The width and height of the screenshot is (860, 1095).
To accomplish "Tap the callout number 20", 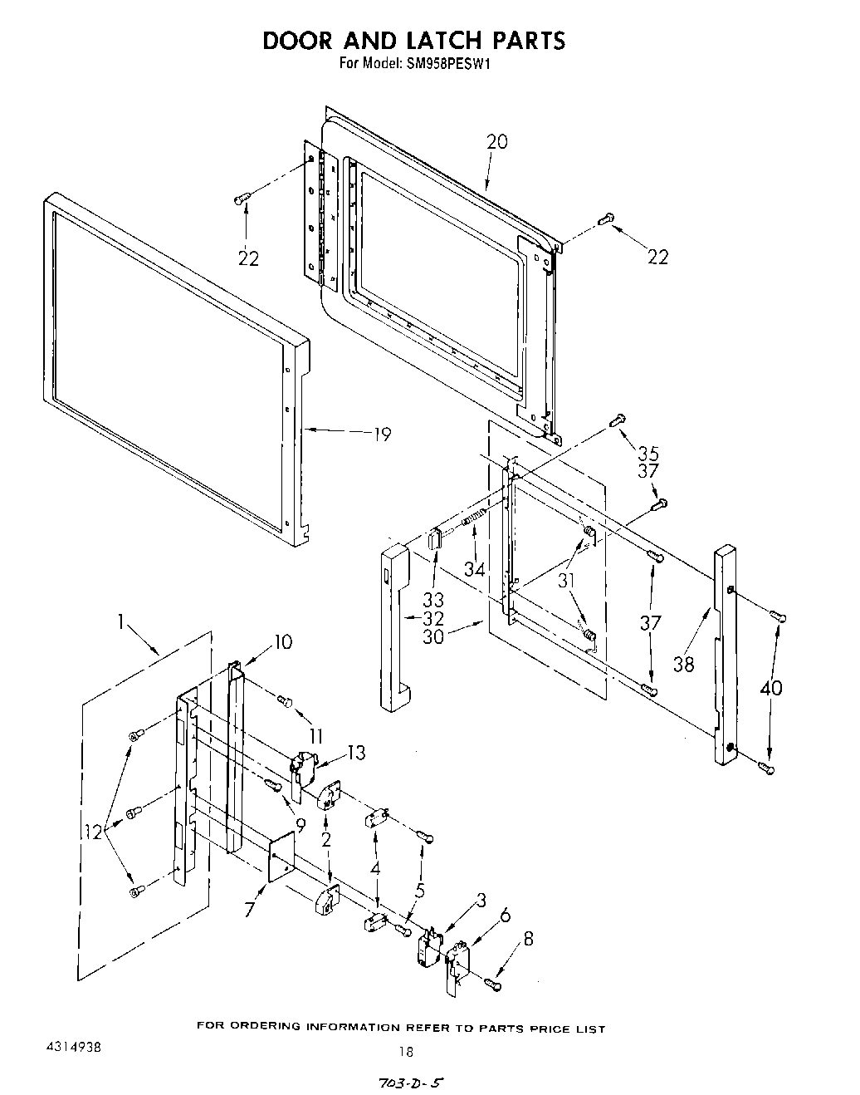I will pyautogui.click(x=496, y=142).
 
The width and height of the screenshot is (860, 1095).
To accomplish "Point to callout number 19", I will pyautogui.click(x=381, y=434).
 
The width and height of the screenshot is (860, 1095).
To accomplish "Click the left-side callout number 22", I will pyautogui.click(x=248, y=259).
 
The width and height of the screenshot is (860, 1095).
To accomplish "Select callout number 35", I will pyautogui.click(x=648, y=454).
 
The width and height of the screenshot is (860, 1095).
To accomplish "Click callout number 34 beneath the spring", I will pyautogui.click(x=474, y=568).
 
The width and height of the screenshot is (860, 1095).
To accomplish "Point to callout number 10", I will pyautogui.click(x=283, y=641).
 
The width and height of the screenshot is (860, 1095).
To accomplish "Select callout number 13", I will pyautogui.click(x=356, y=753).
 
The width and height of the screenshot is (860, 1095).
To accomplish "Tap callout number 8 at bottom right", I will pyautogui.click(x=528, y=939).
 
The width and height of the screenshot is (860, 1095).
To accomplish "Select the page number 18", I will pyautogui.click(x=405, y=1052).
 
